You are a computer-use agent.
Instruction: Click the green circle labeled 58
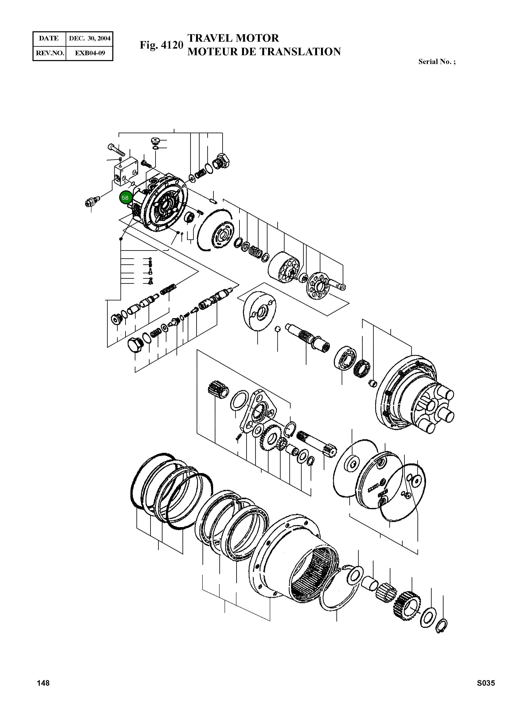click(x=125, y=198)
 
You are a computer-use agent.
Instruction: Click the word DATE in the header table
click(x=49, y=39)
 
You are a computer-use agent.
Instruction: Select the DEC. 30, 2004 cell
click(x=89, y=39)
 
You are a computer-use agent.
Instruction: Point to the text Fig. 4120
click(x=161, y=45)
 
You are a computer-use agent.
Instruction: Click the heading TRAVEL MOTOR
click(x=233, y=38)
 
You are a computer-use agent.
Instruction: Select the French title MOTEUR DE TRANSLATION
click(x=264, y=52)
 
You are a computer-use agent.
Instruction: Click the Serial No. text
click(x=437, y=62)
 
